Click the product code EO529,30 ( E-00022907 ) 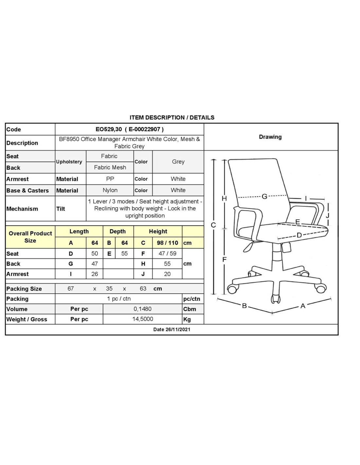pos(129,129)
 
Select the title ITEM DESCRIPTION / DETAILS pos(172,117)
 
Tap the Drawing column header pos(270,137)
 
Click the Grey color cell pos(178,162)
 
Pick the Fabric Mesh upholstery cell pos(110,167)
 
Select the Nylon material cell pos(110,190)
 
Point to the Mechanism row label pos(22,209)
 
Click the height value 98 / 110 pos(167,243)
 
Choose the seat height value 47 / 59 pos(167,253)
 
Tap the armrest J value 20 pos(167,274)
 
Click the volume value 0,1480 pos(143,309)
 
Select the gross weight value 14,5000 pos(143,319)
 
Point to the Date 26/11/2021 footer pos(171,329)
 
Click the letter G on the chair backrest pos(264,196)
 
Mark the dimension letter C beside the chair pos(213,225)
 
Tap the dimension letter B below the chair pos(244,306)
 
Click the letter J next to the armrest pos(328,215)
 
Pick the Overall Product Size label pos(30,237)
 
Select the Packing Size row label pos(24,289)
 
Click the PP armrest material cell pos(110,179)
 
